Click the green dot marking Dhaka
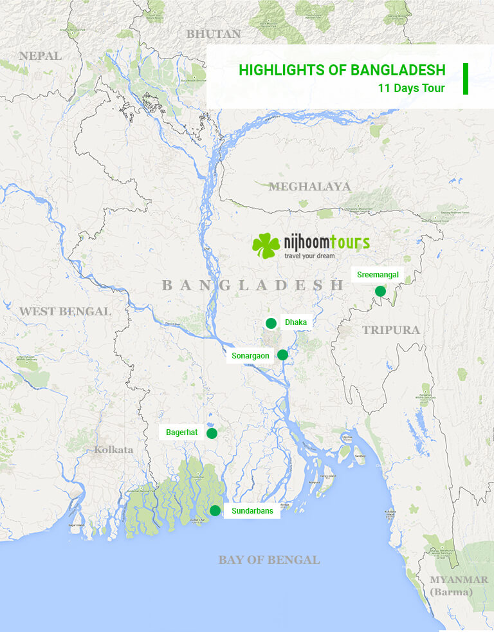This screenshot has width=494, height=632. (271, 323)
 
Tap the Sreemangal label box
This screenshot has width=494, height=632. (378, 275)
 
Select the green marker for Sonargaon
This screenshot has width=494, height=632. (282, 355)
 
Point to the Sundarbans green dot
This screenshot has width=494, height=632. (215, 511)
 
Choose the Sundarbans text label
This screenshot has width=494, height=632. (252, 511)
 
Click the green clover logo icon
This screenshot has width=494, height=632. (266, 245)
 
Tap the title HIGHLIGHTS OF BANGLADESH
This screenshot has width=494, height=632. (342, 70)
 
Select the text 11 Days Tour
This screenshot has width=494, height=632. (412, 88)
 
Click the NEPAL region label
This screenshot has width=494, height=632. (41, 56)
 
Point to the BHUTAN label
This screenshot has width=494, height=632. (214, 34)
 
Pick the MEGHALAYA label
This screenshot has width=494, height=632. (309, 187)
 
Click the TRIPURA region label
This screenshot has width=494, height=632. (390, 330)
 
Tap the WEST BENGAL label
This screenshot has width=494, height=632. (65, 311)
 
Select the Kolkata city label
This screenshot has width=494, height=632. (114, 449)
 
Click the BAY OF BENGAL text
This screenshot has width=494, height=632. (269, 560)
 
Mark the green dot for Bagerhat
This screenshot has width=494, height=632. (212, 433)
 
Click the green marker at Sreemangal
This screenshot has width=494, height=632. (380, 291)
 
